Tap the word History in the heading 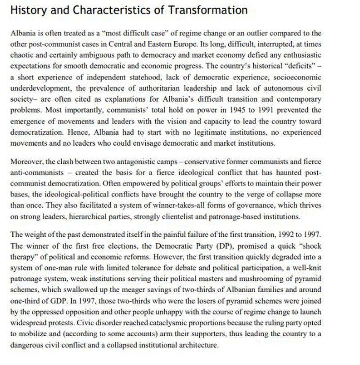tap(27, 10)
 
